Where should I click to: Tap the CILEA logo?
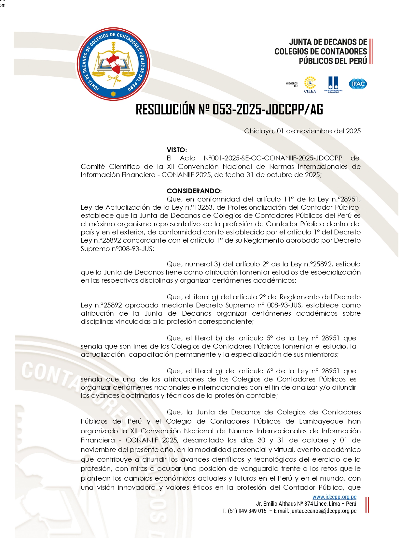[310, 84]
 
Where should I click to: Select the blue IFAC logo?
[358, 84]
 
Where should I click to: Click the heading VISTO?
[177, 150]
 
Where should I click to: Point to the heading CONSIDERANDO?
[194, 191]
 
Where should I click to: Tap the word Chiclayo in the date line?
[259, 131]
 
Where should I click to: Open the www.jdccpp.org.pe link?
[334, 497]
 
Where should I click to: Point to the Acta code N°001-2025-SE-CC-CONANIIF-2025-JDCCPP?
[273, 158]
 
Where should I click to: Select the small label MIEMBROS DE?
[292, 85]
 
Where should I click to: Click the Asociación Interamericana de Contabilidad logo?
[333, 84]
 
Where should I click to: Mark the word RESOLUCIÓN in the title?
[165, 110]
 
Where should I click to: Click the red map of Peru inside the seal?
[114, 63]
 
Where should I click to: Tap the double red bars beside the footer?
[367, 504]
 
